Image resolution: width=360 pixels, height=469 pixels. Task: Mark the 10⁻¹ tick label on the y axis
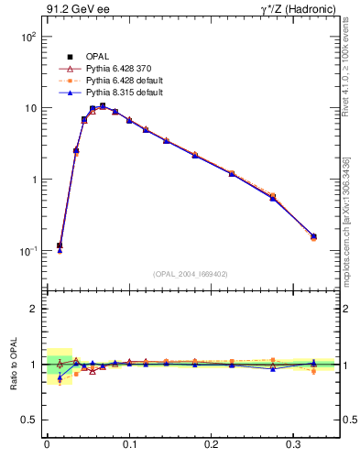point(28,251)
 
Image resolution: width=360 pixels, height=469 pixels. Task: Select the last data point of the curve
point(313,236)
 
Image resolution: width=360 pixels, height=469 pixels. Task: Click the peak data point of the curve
point(103,106)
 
